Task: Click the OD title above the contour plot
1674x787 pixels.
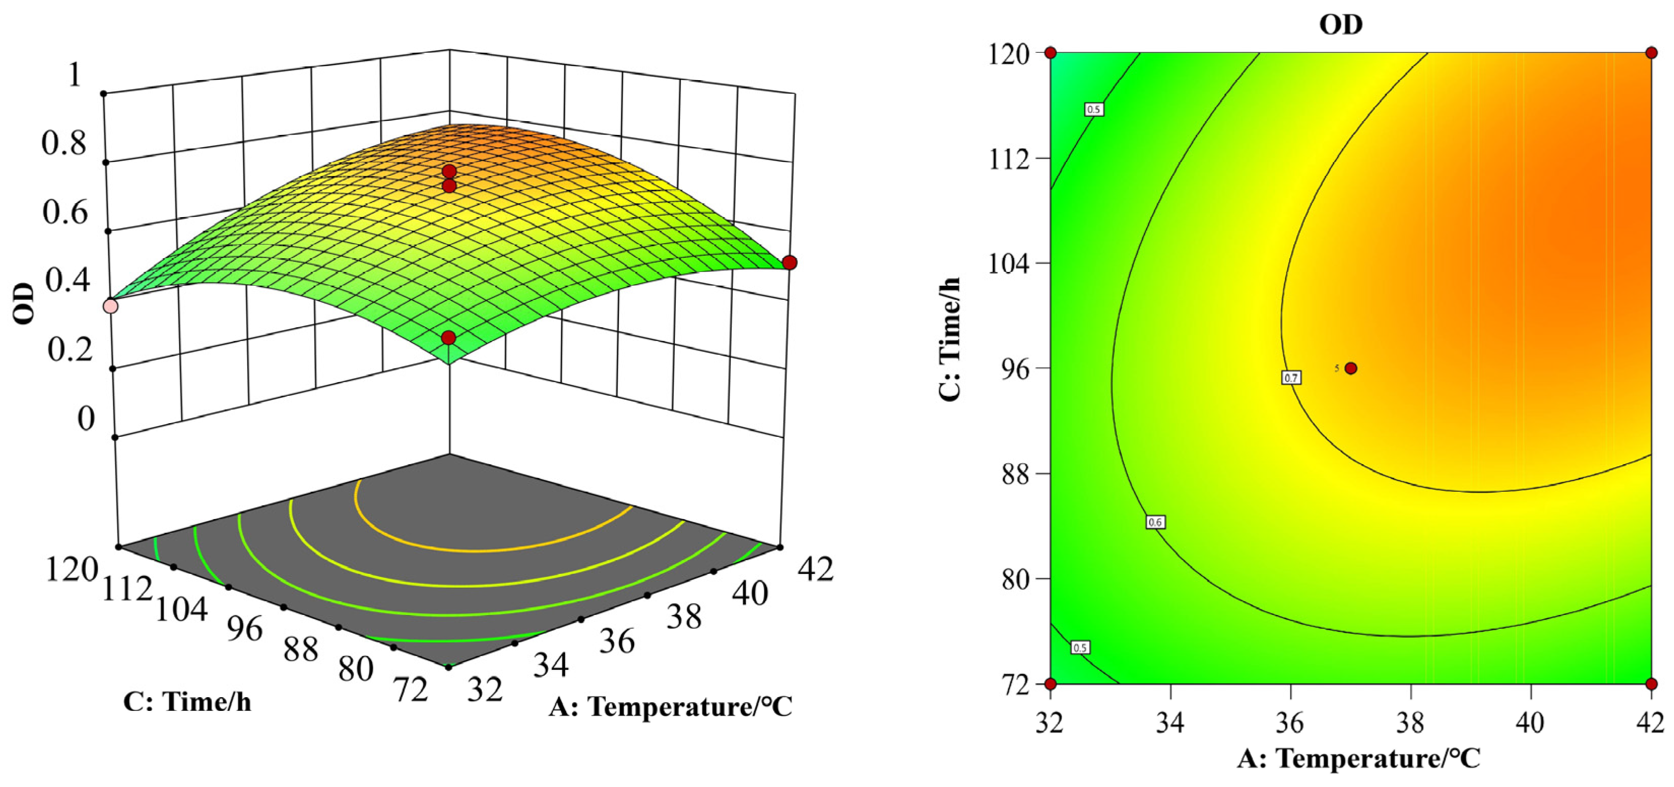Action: [x=1340, y=25]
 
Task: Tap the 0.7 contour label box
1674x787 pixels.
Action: [x=1291, y=378]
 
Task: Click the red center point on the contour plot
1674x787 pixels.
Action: [x=1351, y=368]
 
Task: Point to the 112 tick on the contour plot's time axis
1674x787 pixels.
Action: [x=1009, y=159]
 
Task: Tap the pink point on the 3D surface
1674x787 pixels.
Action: [x=111, y=306]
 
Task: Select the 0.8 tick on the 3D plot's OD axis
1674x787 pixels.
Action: [x=63, y=142]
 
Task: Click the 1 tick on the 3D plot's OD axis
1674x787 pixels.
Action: [x=75, y=74]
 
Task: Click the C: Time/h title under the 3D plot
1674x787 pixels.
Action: [x=187, y=702]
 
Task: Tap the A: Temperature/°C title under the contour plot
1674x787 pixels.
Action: [x=1359, y=759]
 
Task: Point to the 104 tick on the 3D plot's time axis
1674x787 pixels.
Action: [x=181, y=609]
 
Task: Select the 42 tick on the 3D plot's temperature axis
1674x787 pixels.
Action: [x=815, y=569]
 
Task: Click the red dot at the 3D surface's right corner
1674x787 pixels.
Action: [x=790, y=262]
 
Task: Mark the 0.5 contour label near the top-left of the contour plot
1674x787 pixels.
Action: [x=1094, y=109]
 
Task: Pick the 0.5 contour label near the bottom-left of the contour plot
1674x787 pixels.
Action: [x=1079, y=647]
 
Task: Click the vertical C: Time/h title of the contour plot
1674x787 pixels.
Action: [x=949, y=339]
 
